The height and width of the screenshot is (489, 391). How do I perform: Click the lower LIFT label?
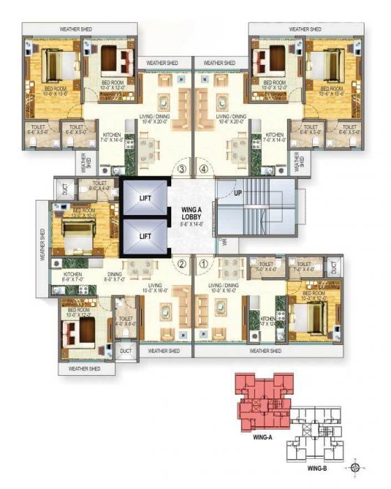click(x=145, y=236)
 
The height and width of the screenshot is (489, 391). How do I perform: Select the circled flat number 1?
click(x=204, y=264)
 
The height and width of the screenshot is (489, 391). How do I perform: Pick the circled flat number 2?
click(x=181, y=264)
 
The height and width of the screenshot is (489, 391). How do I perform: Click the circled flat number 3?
click(x=181, y=168)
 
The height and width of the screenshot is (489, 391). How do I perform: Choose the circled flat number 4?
click(x=204, y=168)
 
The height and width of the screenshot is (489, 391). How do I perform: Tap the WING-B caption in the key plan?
click(x=317, y=469)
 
